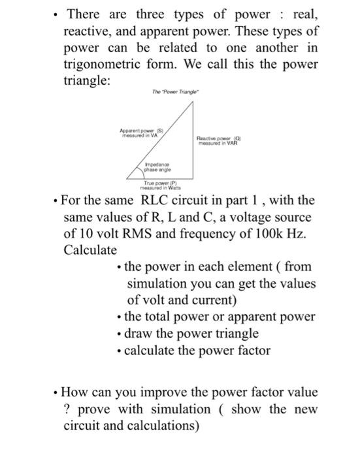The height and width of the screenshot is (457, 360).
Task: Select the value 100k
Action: click(x=264, y=234)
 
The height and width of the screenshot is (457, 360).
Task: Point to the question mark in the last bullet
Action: click(x=67, y=410)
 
